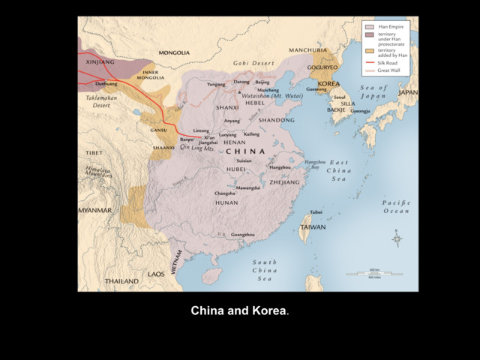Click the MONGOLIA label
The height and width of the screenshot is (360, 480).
[x=174, y=53]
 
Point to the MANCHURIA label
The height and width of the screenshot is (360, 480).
[x=307, y=50]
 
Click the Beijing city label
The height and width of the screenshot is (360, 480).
[x=262, y=82]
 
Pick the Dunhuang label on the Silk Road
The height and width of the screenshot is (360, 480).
[x=106, y=84]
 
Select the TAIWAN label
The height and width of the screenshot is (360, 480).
[x=313, y=226]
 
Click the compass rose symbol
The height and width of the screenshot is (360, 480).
[x=397, y=240]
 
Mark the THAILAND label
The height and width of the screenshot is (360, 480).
[x=121, y=281]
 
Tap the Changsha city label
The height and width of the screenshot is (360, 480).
[x=225, y=193]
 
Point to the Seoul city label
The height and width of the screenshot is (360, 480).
[x=340, y=97]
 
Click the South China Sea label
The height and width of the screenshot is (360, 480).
[x=264, y=270]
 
